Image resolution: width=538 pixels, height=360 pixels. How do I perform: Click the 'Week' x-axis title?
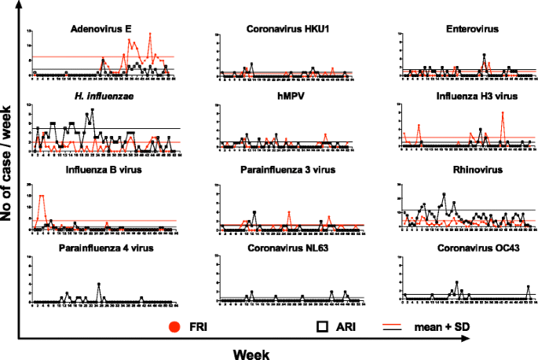point(252,353)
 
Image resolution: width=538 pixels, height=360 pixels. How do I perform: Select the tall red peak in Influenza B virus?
point(41,196)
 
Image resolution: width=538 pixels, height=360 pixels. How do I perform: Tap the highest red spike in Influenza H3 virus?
point(503,113)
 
